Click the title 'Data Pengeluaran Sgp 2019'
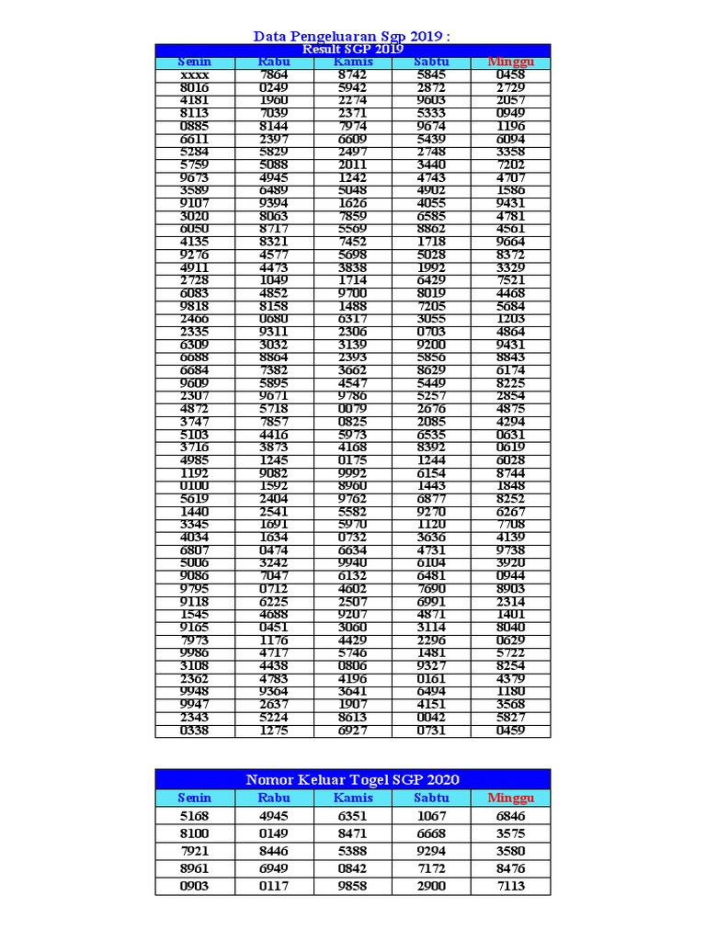pos(352,36)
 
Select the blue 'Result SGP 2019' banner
pos(352,50)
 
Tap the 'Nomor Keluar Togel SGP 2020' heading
pos(352,779)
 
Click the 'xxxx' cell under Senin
pos(195,74)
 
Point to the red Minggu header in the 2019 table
pos(510,62)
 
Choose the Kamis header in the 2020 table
pos(353,798)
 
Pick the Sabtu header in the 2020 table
pos(431,798)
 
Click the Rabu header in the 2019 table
pos(274,62)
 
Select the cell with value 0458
pos(510,74)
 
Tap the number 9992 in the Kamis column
pos(353,473)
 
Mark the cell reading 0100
pos(195,486)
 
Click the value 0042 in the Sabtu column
pos(431,718)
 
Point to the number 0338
pos(195,731)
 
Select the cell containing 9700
pos(353,293)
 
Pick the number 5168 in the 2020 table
pos(195,816)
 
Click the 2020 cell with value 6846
pos(510,816)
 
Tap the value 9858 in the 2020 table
pos(353,886)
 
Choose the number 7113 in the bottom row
pos(510,886)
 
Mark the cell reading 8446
pos(274,851)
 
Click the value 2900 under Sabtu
pos(431,886)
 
